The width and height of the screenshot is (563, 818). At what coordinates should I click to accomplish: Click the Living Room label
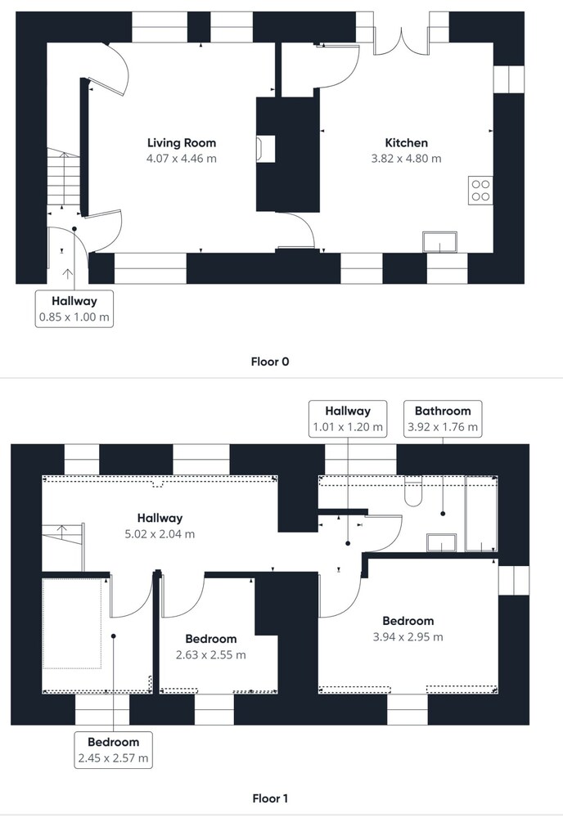[x=182, y=143]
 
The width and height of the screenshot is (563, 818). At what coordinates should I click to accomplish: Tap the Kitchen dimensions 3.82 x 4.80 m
[x=407, y=159]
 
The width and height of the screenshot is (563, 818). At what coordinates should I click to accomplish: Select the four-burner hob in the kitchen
[x=480, y=191]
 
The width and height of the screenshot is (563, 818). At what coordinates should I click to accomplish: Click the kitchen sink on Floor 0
[x=440, y=242]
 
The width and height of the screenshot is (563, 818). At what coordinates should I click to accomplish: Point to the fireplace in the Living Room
[x=266, y=149]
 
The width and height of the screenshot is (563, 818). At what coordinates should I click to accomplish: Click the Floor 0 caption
[x=270, y=362]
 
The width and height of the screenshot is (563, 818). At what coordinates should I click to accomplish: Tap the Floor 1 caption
[x=270, y=798]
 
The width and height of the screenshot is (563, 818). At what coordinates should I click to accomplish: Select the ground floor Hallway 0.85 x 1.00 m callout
[x=74, y=309]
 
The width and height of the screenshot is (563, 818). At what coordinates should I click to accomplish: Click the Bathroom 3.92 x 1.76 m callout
[x=443, y=418]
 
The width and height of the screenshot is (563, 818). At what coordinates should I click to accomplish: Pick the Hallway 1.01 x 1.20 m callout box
[x=348, y=418]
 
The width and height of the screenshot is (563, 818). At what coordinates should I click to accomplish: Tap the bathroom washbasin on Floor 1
[x=441, y=542]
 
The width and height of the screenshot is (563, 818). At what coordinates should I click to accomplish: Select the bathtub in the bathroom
[x=480, y=514]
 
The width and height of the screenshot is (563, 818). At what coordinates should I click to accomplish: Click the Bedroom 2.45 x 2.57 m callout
[x=113, y=750]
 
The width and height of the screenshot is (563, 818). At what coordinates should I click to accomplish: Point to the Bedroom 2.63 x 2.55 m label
[x=211, y=647]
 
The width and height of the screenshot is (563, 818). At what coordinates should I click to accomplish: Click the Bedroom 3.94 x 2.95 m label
[x=408, y=628]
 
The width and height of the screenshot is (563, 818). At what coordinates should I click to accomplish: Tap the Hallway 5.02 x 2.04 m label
[x=160, y=526]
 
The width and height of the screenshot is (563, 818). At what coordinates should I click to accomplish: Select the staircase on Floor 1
[x=63, y=547]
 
